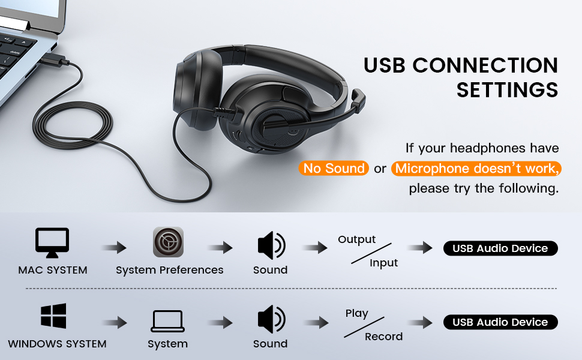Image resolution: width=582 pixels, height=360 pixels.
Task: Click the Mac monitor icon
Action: tap(52, 242)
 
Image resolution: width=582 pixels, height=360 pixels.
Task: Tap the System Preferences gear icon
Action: tap(168, 242)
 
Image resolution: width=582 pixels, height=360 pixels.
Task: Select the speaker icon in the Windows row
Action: tap(271, 319)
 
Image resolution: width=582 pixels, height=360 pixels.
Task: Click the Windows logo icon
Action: tap(53, 316)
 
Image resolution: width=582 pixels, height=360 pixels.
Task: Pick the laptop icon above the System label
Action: tap(167, 321)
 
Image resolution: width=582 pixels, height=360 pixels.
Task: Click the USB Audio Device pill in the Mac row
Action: tap(500, 248)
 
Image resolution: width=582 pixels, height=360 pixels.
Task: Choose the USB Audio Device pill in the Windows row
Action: tap(500, 322)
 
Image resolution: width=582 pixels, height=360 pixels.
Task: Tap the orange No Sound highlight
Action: tap(334, 169)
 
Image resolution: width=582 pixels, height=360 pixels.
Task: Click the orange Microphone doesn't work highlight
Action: tap(476, 169)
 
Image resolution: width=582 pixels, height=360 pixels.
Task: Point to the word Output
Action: tap(356, 239)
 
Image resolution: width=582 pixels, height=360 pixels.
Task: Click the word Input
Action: tap(383, 263)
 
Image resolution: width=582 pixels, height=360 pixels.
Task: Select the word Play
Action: tap(356, 313)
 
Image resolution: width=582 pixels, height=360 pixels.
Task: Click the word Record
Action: tap(383, 337)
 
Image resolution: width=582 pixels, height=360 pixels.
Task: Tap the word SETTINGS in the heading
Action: tap(507, 90)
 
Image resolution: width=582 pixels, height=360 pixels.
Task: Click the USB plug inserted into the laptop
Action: tap(56, 62)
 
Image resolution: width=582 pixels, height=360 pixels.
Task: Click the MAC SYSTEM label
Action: tap(53, 270)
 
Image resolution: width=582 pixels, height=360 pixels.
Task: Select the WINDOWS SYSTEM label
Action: tap(57, 344)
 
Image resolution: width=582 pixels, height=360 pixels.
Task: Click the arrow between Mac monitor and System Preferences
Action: tap(114, 248)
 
